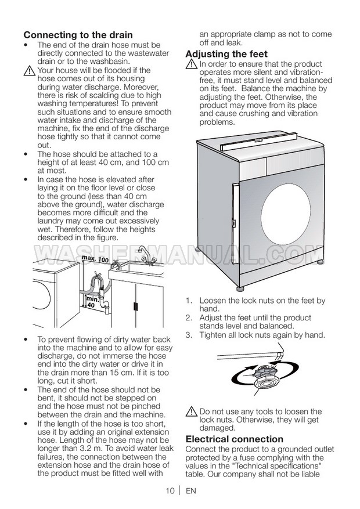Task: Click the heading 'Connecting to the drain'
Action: [x=78, y=35]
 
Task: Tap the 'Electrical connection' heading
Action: [x=235, y=439]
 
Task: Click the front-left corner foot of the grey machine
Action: [x=241, y=288]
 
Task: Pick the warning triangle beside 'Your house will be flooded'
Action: [x=29, y=71]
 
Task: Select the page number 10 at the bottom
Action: [x=170, y=491]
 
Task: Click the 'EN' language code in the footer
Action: [x=191, y=491]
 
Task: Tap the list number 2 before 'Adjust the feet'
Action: [x=189, y=318]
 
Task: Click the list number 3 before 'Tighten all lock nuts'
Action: [x=189, y=335]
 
